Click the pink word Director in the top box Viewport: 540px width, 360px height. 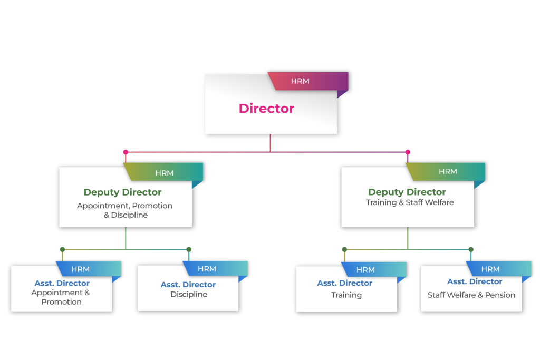[266, 109]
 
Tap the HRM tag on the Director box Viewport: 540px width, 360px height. [300, 81]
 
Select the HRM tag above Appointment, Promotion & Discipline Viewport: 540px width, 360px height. [164, 173]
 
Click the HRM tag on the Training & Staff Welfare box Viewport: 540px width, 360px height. [448, 171]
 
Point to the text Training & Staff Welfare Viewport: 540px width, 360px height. [410, 202]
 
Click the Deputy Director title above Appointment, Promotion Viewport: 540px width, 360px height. [122, 192]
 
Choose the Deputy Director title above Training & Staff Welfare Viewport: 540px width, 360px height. [407, 192]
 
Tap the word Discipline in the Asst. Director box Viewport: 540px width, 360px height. [189, 295]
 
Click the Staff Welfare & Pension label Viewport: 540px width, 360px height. [471, 295]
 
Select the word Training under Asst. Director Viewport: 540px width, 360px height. [346, 295]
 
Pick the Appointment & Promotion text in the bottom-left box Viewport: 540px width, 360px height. [61, 297]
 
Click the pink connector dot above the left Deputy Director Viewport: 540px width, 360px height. [126, 152]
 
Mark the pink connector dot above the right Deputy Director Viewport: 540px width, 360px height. [407, 152]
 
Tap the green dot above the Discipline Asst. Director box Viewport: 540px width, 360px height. [189, 249]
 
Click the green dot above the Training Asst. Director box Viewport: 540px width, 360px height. [344, 249]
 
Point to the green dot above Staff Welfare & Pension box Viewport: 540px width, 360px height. [471, 249]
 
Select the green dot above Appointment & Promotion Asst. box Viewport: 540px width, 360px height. [62, 249]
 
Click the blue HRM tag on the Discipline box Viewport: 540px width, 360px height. [207, 269]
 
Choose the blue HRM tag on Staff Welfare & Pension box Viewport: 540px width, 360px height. [490, 269]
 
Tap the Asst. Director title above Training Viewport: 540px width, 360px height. [345, 283]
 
